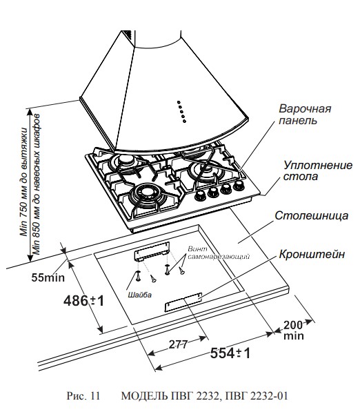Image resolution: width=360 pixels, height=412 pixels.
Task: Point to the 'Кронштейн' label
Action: pyautogui.click(x=311, y=254)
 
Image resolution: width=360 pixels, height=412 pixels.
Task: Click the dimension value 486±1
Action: pyautogui.click(x=85, y=301)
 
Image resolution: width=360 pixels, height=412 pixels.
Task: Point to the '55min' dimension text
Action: pyautogui.click(x=50, y=278)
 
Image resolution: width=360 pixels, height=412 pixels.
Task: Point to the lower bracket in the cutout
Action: pyautogui.click(x=183, y=303)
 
